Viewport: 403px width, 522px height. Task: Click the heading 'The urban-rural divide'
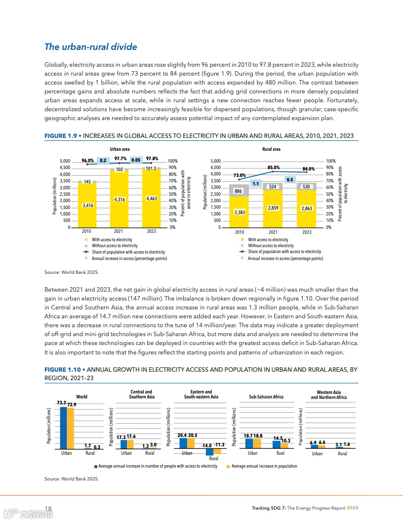[90, 47]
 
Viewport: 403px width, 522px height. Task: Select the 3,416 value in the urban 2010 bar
[87, 205]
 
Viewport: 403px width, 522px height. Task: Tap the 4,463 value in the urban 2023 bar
[152, 198]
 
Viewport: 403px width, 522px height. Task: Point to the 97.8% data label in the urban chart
[152, 159]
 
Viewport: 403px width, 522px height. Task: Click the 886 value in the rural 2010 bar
[239, 191]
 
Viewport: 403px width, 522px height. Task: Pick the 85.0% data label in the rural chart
[274, 168]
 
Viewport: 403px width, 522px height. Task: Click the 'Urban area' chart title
[120, 148]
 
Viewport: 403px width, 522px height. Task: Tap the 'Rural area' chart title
[272, 148]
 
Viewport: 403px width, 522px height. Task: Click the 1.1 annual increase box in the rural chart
[256, 184]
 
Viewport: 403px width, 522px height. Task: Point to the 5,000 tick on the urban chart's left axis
[65, 161]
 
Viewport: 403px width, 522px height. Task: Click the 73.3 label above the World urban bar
[62, 403]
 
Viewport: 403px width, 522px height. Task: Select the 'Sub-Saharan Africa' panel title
[266, 397]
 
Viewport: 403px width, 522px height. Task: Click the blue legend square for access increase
[96, 466]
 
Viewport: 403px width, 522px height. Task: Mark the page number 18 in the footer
[48, 509]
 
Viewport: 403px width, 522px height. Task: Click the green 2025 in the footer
[352, 508]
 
